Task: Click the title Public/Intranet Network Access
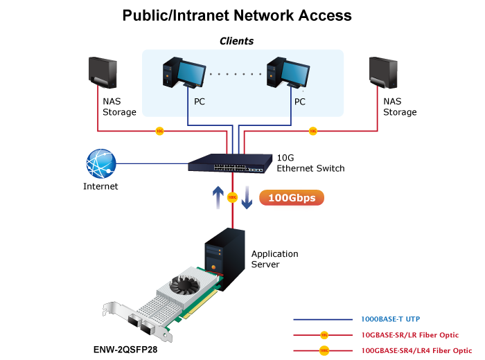click(237, 15)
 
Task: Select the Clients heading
click(236, 41)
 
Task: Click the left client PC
click(183, 75)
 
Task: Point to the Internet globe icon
click(101, 164)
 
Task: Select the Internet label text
click(100, 186)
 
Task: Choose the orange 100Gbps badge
click(292, 199)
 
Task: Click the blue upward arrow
click(218, 197)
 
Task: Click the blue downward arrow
click(247, 198)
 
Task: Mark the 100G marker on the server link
click(233, 197)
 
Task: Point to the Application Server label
click(274, 259)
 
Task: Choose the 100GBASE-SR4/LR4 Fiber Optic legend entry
click(416, 350)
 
